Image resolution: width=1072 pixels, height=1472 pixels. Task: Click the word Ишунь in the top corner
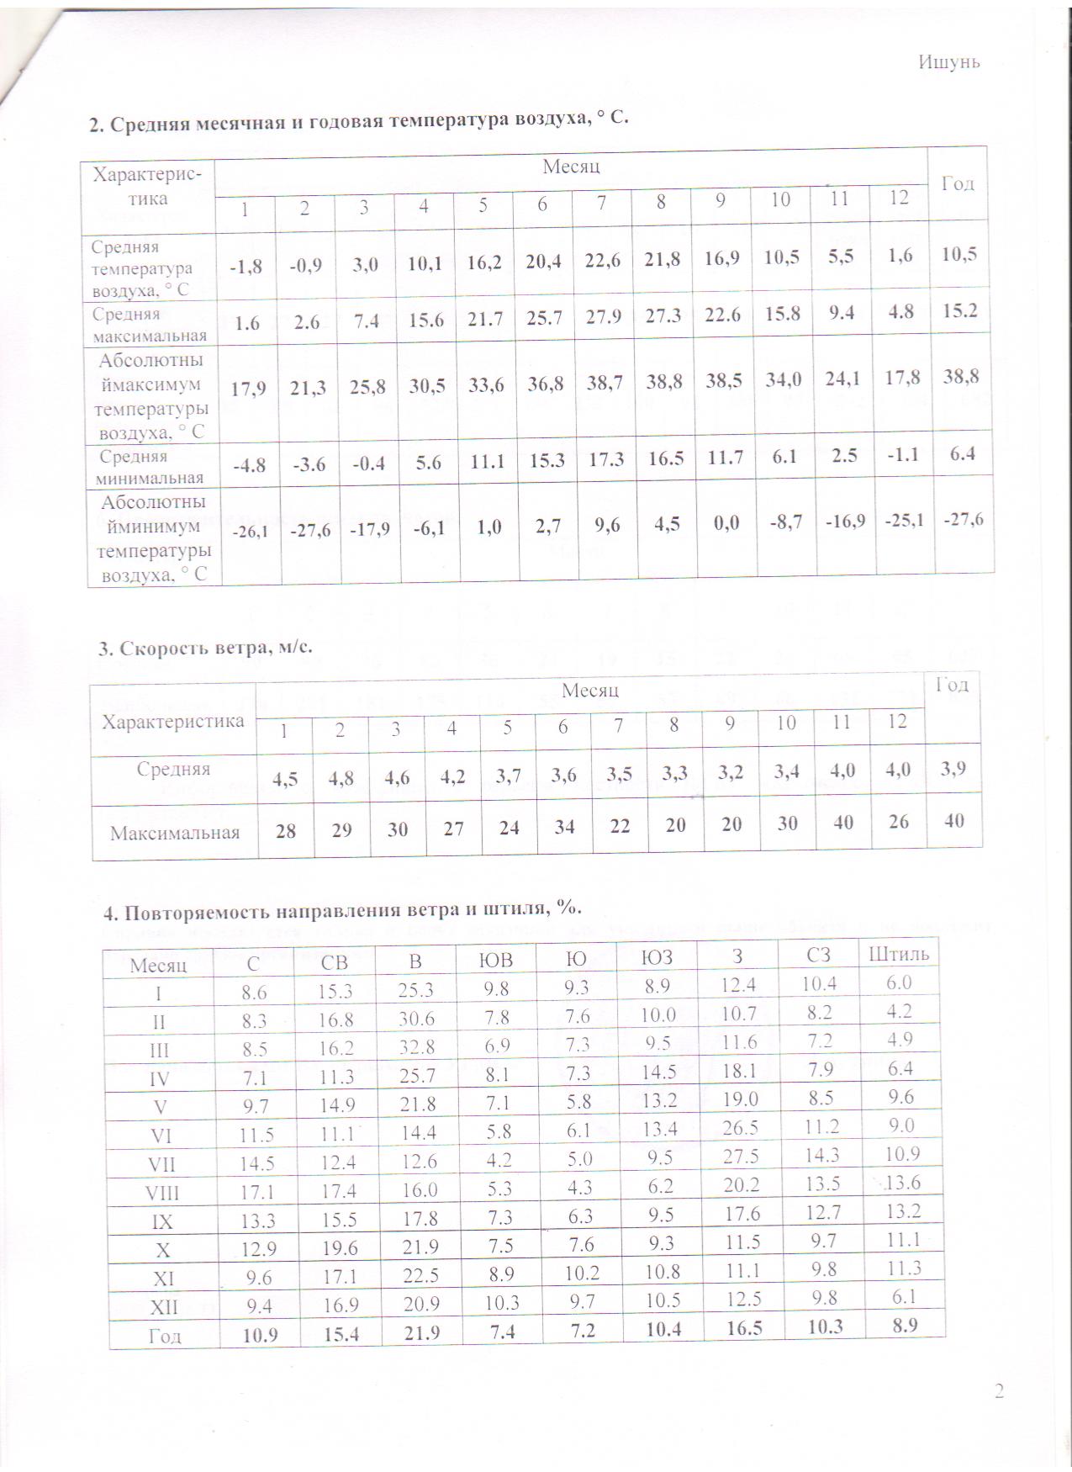(949, 63)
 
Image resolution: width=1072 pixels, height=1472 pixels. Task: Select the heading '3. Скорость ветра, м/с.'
(205, 648)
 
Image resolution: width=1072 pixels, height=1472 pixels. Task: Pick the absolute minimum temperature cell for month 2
(309, 531)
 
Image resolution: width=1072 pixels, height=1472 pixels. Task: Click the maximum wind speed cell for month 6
(564, 827)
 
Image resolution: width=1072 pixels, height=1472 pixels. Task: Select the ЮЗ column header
(656, 956)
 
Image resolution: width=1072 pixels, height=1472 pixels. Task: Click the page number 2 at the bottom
(999, 1391)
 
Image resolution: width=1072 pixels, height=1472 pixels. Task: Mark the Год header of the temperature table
(958, 183)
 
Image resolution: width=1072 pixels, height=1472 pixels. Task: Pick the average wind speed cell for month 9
(731, 772)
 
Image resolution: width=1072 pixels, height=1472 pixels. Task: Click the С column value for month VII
(256, 1164)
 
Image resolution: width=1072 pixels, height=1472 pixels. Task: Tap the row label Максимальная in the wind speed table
(175, 834)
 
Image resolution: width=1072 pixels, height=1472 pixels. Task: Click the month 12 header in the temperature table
(900, 199)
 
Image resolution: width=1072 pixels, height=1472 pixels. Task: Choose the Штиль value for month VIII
(903, 1182)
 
